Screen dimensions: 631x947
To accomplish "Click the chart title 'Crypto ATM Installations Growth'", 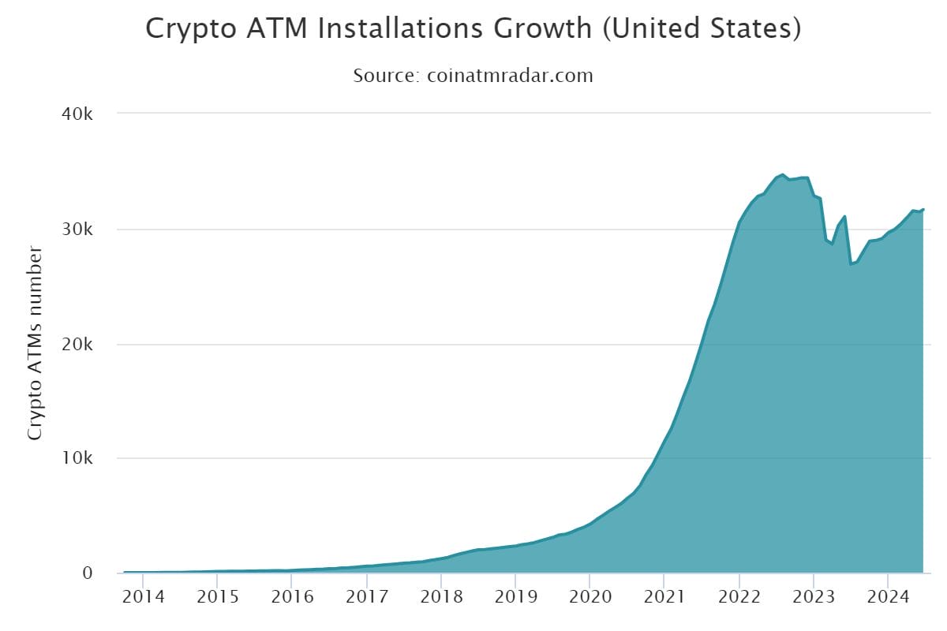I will click(369, 29).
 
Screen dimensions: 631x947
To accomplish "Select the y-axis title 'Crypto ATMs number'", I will click(35, 343).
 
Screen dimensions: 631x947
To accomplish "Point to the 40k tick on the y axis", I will click(78, 114).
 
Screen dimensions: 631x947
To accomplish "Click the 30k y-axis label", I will click(78, 230).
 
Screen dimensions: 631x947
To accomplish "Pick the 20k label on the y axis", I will click(78, 345).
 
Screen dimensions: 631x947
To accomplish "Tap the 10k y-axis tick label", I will click(78, 458).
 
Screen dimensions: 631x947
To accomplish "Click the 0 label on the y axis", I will click(88, 573).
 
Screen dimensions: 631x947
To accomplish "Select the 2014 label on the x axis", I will click(144, 596).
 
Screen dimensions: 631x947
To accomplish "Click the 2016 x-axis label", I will click(293, 596).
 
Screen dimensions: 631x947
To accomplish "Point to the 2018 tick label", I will click(441, 596).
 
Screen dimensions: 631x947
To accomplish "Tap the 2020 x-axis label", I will click(590, 596).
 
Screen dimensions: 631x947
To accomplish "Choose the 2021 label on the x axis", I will click(664, 596).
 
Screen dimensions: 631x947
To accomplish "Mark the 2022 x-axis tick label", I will click(739, 596).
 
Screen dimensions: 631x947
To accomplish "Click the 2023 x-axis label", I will click(813, 596).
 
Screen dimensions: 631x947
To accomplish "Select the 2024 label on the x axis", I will click(887, 596).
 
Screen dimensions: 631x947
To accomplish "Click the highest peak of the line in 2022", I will click(782, 174).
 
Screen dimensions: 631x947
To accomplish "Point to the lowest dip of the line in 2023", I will click(851, 263).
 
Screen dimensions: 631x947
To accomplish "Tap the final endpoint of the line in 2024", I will click(923, 209).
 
